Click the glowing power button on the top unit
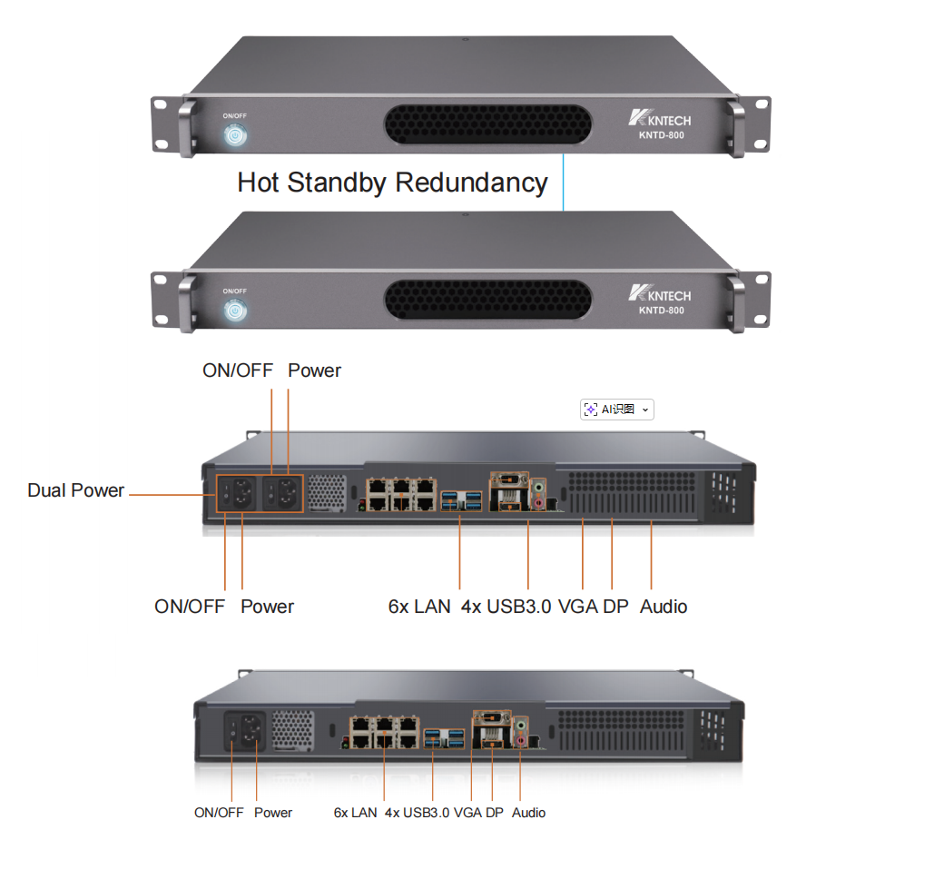click(x=235, y=135)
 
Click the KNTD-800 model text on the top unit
click(x=661, y=135)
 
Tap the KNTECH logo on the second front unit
click(x=659, y=293)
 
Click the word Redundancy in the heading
click(x=471, y=183)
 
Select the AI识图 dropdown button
click(x=617, y=410)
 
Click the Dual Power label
click(x=76, y=490)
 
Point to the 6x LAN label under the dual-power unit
click(x=419, y=607)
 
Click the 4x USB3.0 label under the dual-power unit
click(x=506, y=607)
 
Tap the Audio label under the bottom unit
click(x=528, y=813)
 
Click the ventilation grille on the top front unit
click(x=487, y=124)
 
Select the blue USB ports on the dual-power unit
click(x=462, y=500)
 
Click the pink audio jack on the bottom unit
click(x=521, y=740)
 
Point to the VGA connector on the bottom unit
click(x=493, y=717)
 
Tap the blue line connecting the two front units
click(x=563, y=183)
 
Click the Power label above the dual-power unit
click(x=314, y=370)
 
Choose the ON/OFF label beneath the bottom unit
click(x=219, y=813)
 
